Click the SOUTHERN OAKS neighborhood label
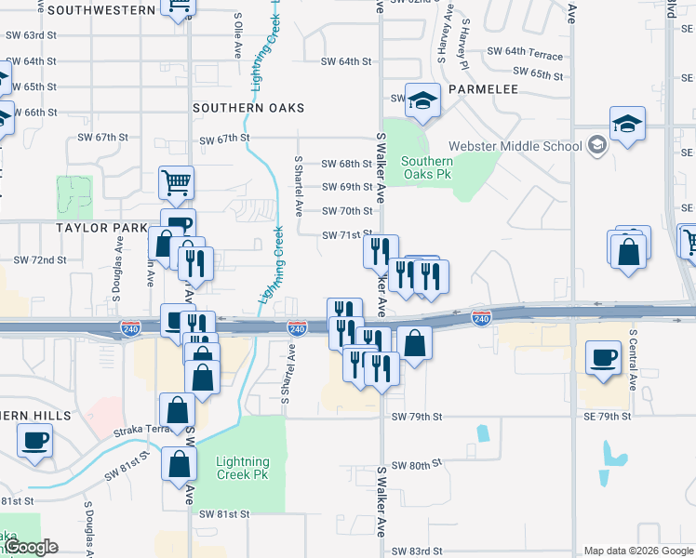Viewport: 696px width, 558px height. click(x=248, y=108)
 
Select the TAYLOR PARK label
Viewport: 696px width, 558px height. click(x=102, y=228)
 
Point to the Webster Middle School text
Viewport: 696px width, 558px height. click(x=515, y=146)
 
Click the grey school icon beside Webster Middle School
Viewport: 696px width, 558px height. click(x=596, y=145)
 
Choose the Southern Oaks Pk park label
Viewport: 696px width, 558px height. click(x=426, y=167)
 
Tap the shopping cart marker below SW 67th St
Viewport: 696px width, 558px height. click(x=177, y=183)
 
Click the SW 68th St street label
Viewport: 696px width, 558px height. click(x=347, y=164)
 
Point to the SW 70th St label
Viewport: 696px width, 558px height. click(x=347, y=211)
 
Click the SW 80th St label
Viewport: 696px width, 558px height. click(x=415, y=465)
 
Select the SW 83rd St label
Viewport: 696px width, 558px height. click(x=415, y=551)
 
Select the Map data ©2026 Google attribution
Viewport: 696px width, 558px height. click(x=637, y=551)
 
